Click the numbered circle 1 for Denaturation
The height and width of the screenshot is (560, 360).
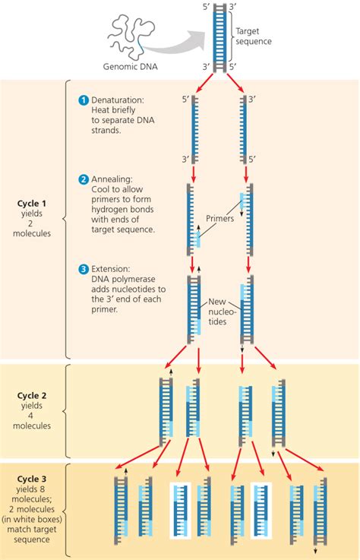[x=84, y=100]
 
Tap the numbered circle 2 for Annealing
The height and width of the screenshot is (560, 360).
[x=84, y=179]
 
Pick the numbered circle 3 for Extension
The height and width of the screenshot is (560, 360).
[x=84, y=269]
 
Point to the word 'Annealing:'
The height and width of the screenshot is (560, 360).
[x=115, y=179]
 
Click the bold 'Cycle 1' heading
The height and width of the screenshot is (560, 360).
[x=33, y=203]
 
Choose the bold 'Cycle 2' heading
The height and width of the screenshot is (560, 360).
[x=33, y=396]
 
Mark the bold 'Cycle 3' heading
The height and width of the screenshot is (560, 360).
[x=33, y=479]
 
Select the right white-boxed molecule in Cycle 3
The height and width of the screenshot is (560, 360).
[x=259, y=508]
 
